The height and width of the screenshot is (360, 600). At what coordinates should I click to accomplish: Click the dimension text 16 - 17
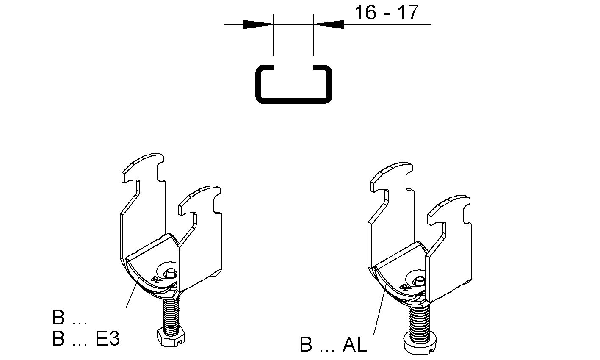386,13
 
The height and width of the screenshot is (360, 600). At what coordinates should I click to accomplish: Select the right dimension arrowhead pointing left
329,25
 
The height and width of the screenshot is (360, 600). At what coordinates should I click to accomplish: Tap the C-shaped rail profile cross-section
293,84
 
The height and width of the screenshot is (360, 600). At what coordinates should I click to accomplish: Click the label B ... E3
86,338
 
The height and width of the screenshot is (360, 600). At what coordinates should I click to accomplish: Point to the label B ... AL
333,344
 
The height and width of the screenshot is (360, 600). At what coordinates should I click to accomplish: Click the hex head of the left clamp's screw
171,338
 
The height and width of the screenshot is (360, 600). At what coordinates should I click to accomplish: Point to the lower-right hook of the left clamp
200,200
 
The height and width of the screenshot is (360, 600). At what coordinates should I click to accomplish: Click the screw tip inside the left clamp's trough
169,274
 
